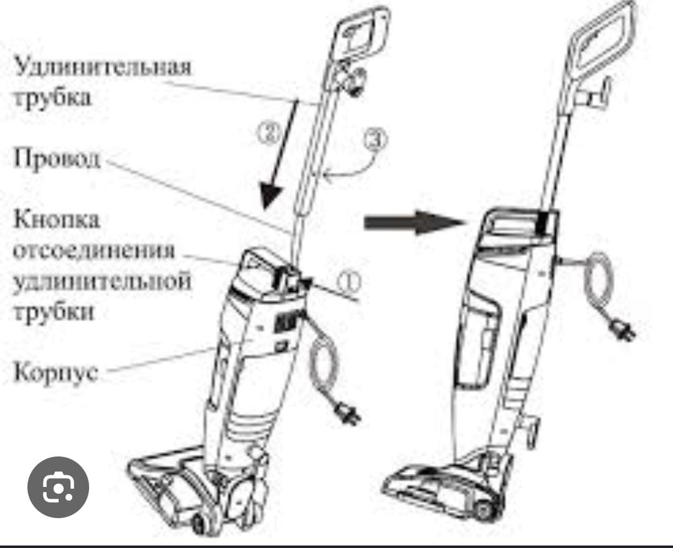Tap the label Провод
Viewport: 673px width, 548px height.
[x=56, y=159]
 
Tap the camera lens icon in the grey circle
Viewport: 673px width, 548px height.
[x=58, y=488]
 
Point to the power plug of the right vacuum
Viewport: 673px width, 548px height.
[x=624, y=331]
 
